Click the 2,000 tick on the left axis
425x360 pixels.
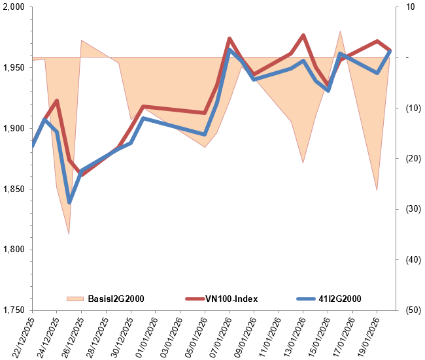tap(14, 7)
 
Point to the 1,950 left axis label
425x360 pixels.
tap(14, 68)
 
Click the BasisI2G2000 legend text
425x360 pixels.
tap(116, 299)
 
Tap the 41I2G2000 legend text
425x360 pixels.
tap(339, 299)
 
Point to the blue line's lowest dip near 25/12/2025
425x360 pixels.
tap(69, 202)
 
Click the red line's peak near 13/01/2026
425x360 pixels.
tap(303, 35)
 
